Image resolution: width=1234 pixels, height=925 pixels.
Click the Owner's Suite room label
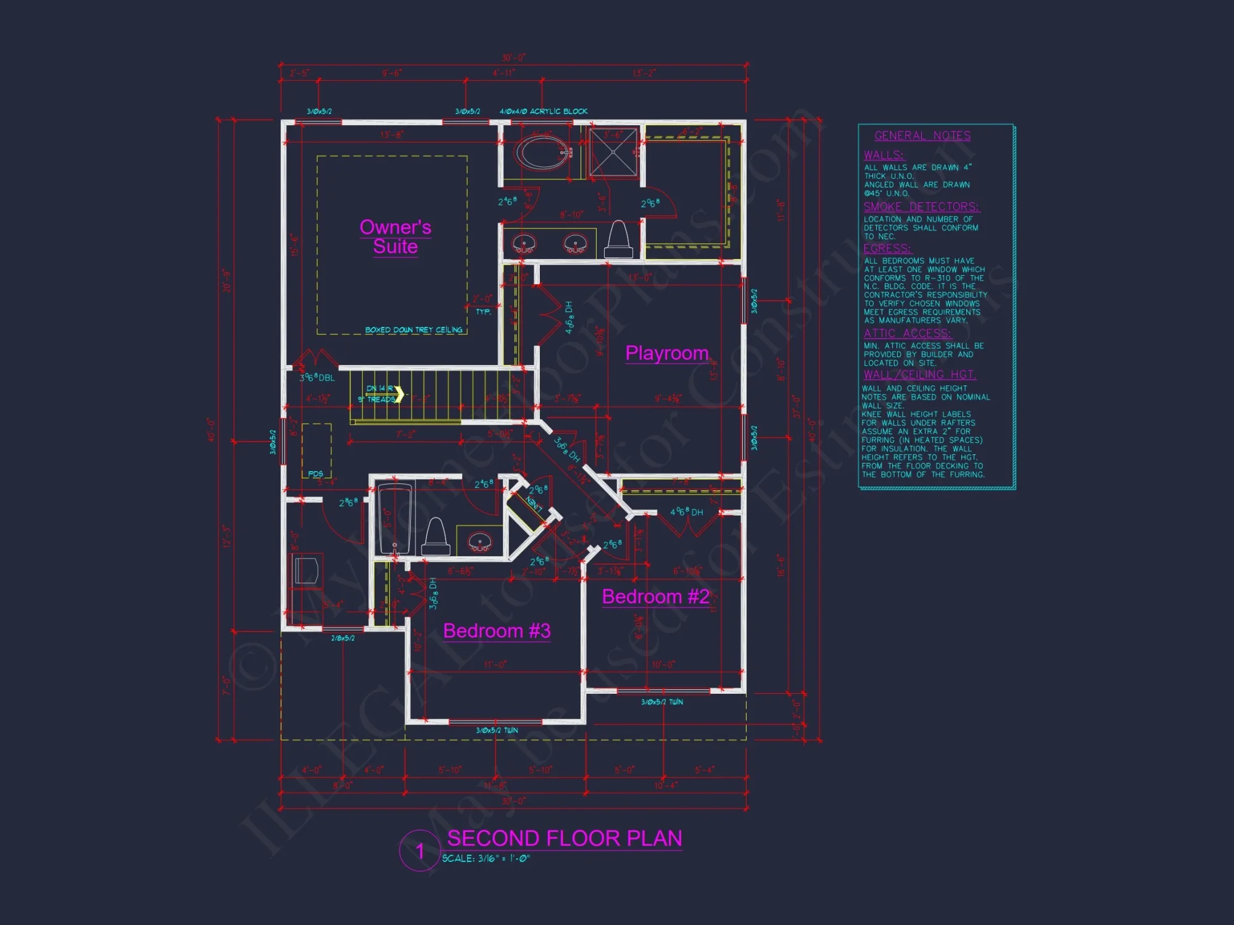pos(395,237)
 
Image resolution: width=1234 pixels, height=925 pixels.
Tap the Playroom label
pos(667,353)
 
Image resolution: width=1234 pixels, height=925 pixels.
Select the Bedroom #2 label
pos(655,596)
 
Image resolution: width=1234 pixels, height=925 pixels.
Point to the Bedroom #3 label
pos(497,631)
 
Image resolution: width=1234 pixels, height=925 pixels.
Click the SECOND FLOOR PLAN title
pos(565,839)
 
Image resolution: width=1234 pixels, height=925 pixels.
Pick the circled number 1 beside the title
pos(420,852)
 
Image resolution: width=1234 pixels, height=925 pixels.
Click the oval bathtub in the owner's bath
pos(542,152)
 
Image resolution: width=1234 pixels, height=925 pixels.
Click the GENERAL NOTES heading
pos(922,136)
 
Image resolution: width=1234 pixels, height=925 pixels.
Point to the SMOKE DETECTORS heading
pos(921,207)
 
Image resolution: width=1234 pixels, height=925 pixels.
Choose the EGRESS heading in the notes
pos(887,249)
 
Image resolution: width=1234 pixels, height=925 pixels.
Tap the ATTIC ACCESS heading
pos(907,334)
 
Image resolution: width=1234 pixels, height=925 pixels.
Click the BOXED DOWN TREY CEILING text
pos(413,330)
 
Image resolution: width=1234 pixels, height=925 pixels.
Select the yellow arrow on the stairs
pos(399,394)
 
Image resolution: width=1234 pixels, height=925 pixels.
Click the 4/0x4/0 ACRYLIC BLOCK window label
pos(543,112)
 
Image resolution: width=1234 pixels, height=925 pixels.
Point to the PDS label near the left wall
pos(315,474)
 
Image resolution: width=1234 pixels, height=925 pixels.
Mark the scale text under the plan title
pos(486,858)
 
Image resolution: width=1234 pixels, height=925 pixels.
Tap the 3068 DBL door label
pos(317,377)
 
